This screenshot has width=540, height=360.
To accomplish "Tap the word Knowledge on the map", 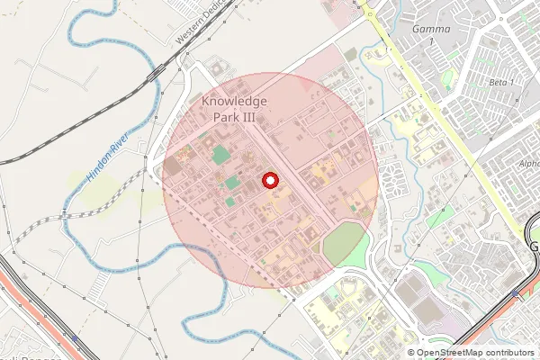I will [234, 103].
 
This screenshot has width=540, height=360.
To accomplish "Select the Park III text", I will [234, 118].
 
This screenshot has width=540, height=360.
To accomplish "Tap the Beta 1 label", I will [500, 83].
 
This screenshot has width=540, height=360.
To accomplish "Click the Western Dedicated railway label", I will [198, 25].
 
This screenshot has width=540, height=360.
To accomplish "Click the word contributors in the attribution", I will [511, 352].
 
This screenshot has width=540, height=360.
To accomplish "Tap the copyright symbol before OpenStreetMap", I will [411, 352].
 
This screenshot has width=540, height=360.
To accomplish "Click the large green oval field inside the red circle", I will [344, 244].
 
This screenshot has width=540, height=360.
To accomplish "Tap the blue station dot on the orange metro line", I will [517, 293].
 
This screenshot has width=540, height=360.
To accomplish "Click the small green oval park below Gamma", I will [447, 79].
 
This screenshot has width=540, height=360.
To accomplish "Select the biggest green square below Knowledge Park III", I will [220, 154].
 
